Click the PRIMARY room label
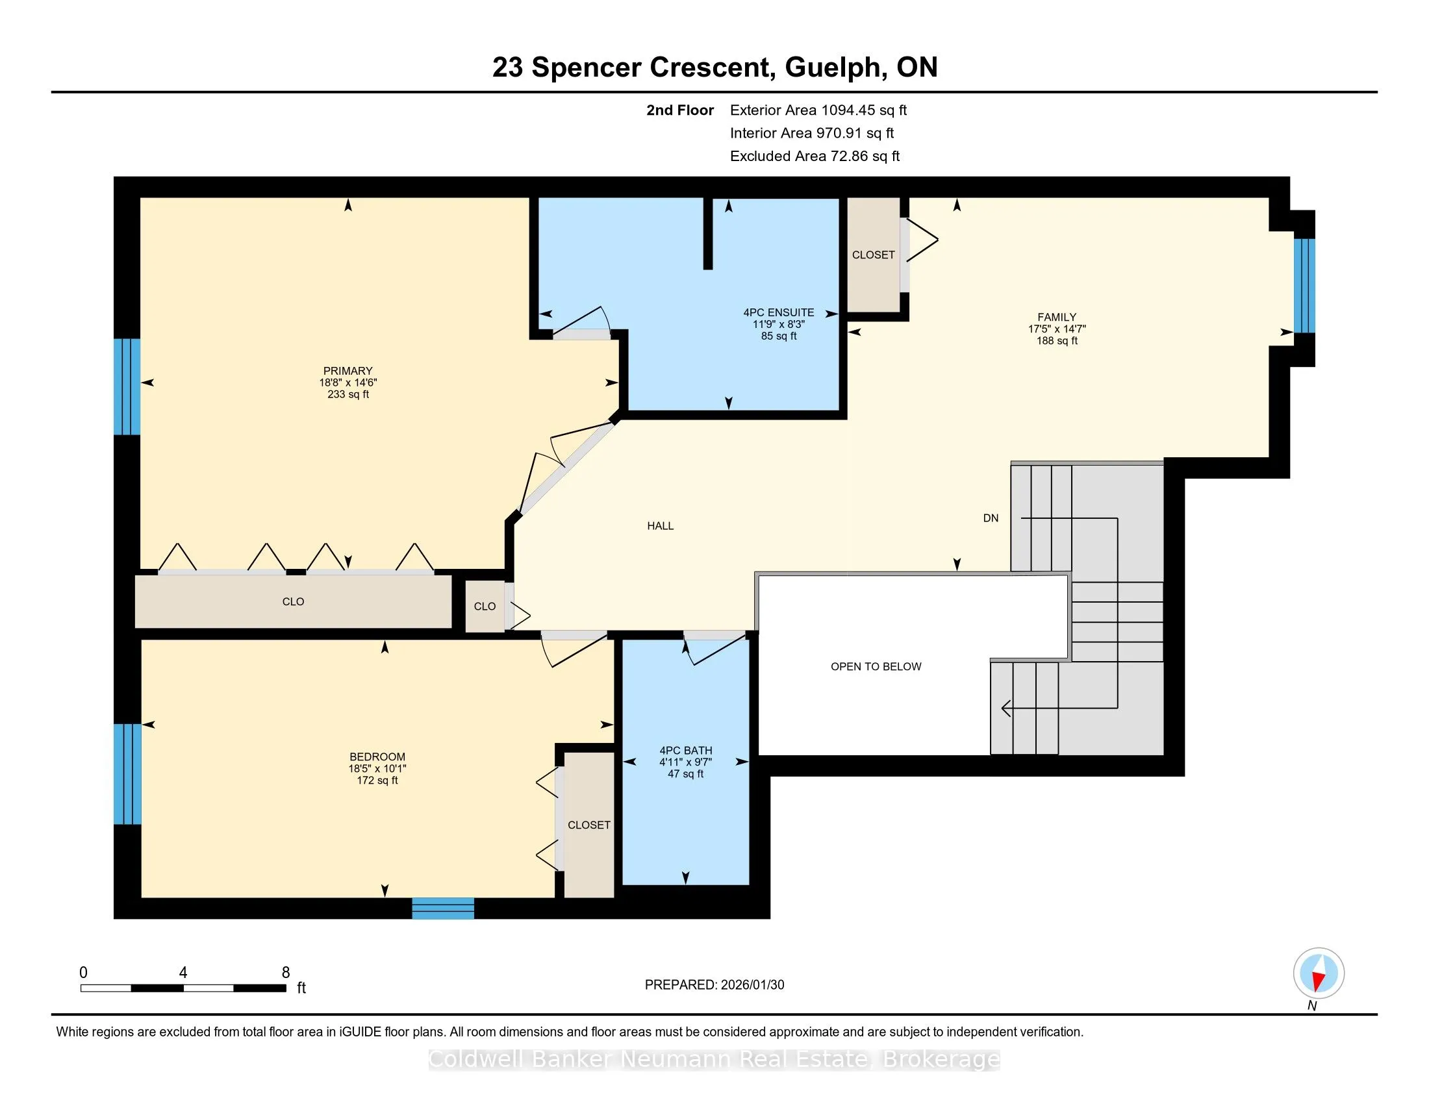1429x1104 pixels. (348, 371)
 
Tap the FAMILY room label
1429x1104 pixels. (1057, 317)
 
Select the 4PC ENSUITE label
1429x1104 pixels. (779, 312)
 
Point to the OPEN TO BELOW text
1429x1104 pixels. (876, 666)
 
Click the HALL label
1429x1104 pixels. (660, 526)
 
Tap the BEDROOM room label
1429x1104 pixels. (377, 757)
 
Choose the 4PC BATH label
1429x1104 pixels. (686, 750)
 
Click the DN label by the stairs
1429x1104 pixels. (991, 518)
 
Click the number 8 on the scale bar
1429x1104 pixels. (285, 973)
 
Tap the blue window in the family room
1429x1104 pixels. (1305, 286)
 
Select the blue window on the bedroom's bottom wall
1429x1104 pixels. (443, 909)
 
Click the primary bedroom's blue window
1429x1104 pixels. (127, 386)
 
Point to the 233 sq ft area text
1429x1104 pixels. (348, 394)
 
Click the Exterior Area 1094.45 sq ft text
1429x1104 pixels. (818, 110)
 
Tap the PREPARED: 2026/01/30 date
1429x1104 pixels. (714, 985)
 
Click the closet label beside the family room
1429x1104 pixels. (874, 255)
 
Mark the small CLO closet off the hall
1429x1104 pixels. (485, 607)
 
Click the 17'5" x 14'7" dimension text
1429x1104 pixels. (1057, 329)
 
